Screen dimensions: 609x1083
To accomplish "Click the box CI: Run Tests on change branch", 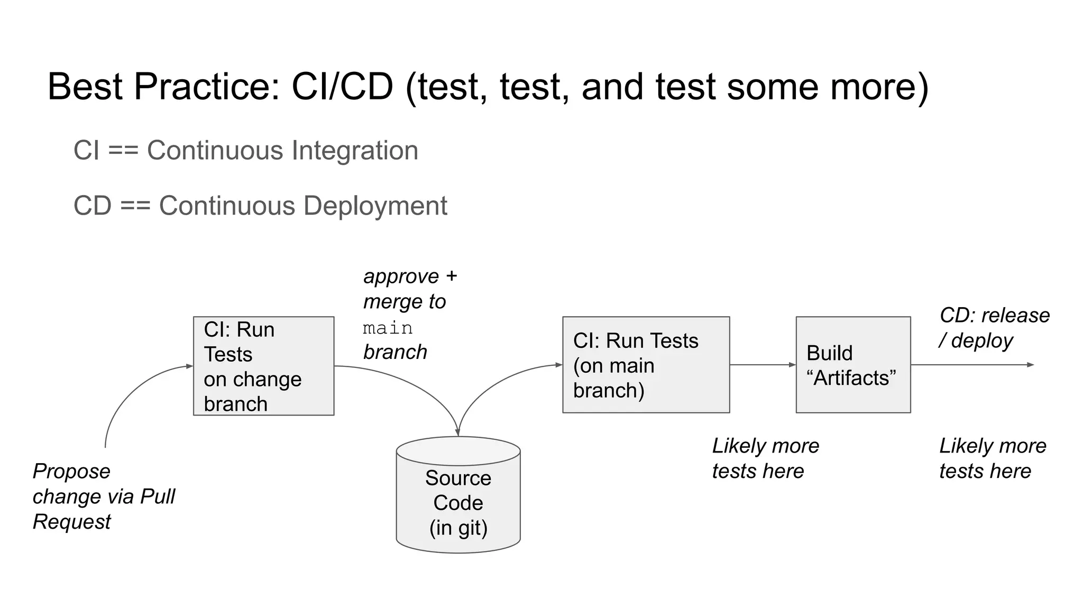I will tap(263, 366).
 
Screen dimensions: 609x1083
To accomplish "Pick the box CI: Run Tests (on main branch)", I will tap(646, 365).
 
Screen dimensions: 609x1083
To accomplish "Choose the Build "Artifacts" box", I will tap(853, 365).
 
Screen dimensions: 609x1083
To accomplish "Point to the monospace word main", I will tap(388, 328).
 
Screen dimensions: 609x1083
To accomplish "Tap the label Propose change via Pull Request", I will tap(103, 496).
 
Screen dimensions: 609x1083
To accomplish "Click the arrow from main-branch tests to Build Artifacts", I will tap(761, 365).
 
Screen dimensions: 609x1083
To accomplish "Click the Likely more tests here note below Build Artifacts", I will tap(992, 458).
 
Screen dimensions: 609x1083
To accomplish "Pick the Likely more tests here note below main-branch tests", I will tap(765, 458).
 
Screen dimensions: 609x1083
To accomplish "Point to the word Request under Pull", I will tap(71, 522).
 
